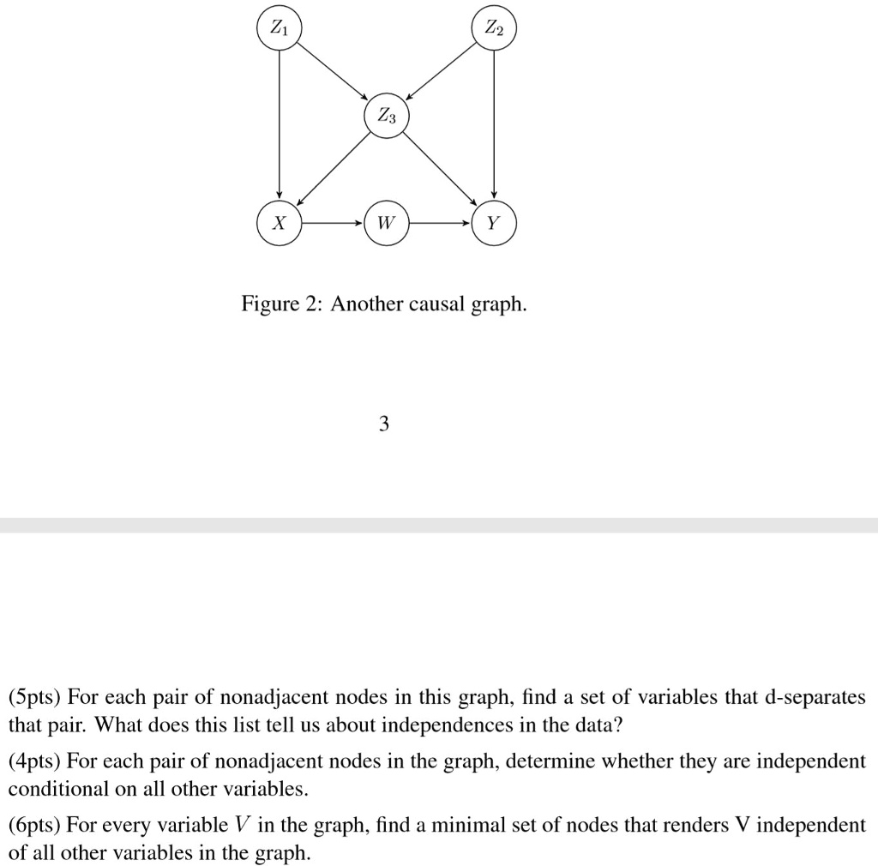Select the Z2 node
pyautogui.click(x=494, y=28)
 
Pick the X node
pyautogui.click(x=279, y=223)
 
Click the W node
pyautogui.click(x=387, y=223)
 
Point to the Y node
pyautogui.click(x=494, y=223)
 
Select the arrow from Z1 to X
pyautogui.click(x=279, y=125)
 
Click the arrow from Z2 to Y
pyautogui.click(x=494, y=125)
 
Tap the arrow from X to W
pyautogui.click(x=333, y=223)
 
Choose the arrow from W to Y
pyautogui.click(x=441, y=223)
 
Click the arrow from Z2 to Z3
pyautogui.click(x=441, y=71)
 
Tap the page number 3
pyautogui.click(x=383, y=423)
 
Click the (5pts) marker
pyautogui.click(x=37, y=697)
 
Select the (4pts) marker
pyautogui.click(x=37, y=761)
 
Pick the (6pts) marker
pyautogui.click(x=37, y=825)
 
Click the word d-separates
pyautogui.click(x=795, y=697)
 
